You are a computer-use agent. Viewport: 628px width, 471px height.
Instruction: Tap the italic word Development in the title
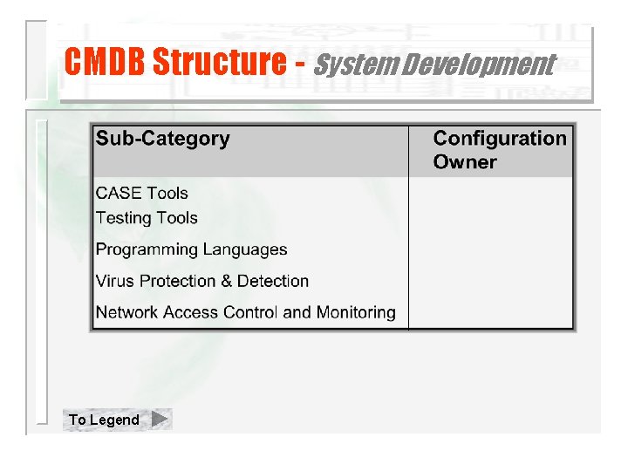click(x=471, y=65)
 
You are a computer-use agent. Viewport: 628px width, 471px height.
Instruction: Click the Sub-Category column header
click(x=162, y=139)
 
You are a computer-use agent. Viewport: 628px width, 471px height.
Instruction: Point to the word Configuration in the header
click(x=500, y=139)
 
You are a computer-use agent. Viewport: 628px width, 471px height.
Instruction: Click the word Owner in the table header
click(x=465, y=162)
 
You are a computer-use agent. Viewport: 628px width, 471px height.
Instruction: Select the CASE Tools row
click(x=141, y=194)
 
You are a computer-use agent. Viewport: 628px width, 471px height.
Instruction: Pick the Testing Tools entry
click(x=147, y=218)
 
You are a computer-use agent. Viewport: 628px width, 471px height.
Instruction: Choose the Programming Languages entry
click(x=191, y=249)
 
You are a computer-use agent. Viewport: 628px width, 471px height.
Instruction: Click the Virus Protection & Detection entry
click(x=202, y=281)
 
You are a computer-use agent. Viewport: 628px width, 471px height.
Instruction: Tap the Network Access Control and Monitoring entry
click(x=245, y=312)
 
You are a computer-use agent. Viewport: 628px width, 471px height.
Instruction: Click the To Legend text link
click(x=104, y=420)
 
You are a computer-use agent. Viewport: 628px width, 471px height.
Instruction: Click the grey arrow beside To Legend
click(x=159, y=420)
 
